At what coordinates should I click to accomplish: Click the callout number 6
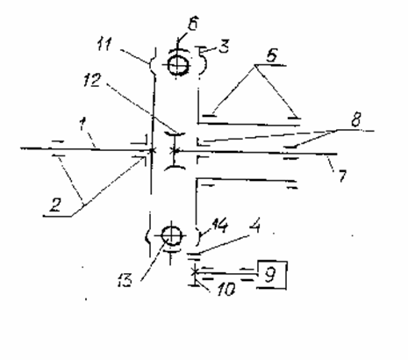click(193, 23)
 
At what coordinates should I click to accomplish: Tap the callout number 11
click(104, 45)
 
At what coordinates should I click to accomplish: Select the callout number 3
click(224, 46)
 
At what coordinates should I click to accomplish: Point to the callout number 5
click(272, 54)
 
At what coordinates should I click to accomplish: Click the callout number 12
click(92, 80)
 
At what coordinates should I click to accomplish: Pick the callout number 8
click(356, 119)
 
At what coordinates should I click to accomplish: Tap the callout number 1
click(83, 124)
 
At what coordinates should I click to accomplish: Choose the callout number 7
click(342, 176)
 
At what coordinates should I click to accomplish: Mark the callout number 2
click(55, 205)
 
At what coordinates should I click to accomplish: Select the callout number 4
click(255, 227)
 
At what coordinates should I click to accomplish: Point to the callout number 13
click(125, 280)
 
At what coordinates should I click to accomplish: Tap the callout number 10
click(225, 290)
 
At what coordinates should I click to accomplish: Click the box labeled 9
click(272, 275)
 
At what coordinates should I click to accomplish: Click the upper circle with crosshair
click(178, 65)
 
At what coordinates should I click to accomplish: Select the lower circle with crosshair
click(172, 235)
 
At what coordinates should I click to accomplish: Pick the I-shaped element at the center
click(175, 151)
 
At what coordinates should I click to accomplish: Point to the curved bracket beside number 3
click(204, 61)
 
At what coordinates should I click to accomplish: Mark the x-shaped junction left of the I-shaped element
click(152, 151)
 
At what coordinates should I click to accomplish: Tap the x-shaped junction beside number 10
click(194, 272)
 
